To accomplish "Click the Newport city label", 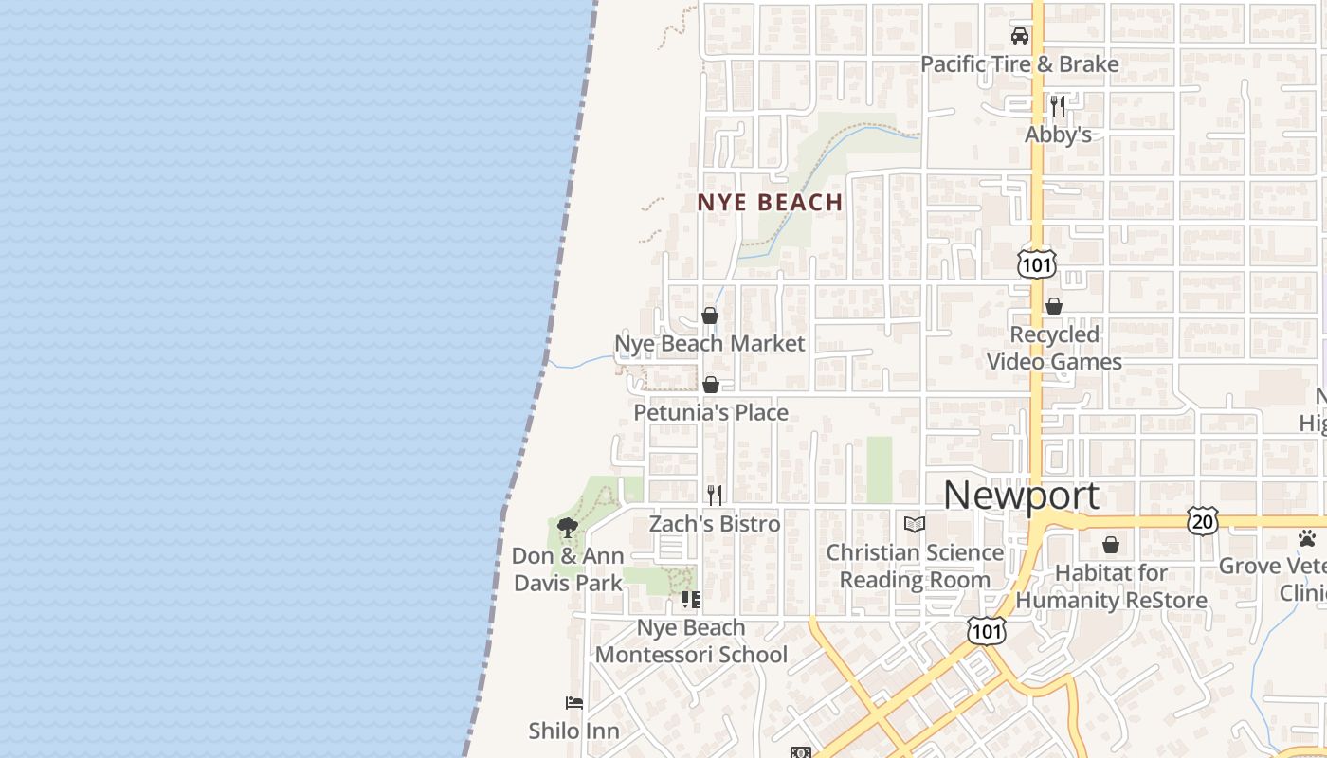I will coord(1021,496).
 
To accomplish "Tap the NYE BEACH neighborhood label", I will coord(770,202).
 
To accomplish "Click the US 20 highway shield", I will coord(1203,520).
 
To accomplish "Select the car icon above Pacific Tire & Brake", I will coord(1020,37).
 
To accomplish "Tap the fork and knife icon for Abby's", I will coord(1058,105).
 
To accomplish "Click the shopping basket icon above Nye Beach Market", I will coord(710,316).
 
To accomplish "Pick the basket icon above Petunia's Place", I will coord(711,385).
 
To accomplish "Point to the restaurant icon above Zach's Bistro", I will coord(715,495).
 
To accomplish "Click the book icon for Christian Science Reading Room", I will coord(914,524).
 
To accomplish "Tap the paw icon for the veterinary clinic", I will coord(1307,538).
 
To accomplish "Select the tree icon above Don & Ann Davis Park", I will coord(568,528).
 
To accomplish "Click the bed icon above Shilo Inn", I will coord(574,703).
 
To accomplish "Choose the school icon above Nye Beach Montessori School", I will coord(691,600).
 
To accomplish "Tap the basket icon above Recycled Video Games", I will coord(1054,306).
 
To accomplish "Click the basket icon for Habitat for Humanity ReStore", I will coord(1111,545).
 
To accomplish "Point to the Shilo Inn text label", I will coord(574,731).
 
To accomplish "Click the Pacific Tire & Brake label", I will coord(1020,64).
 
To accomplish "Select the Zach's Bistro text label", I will coord(715,523).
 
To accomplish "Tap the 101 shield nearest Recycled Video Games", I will coord(1036,264).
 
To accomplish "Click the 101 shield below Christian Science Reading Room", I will coord(986,629).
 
